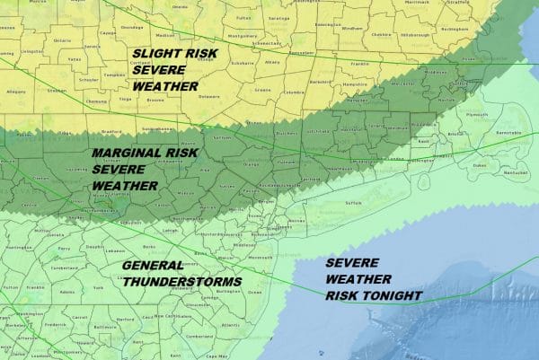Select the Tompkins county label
point(107,75)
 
